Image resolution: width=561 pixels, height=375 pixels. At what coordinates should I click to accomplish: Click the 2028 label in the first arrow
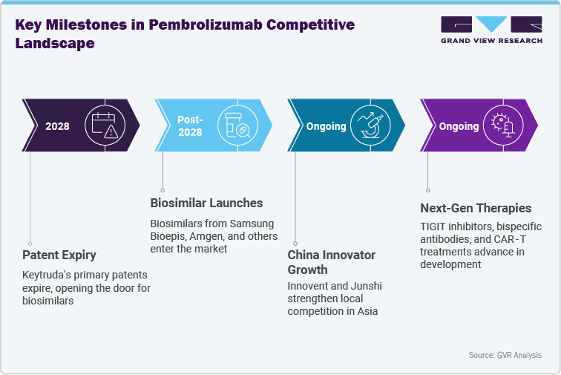click(57, 126)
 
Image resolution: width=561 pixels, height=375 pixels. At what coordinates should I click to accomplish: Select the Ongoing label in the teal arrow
click(327, 126)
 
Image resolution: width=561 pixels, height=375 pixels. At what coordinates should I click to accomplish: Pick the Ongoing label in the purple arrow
click(459, 126)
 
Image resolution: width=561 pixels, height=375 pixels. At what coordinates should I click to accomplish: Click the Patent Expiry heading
click(59, 255)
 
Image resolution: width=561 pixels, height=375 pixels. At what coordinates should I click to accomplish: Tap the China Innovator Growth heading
click(331, 262)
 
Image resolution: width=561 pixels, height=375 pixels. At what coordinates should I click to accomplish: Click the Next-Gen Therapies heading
click(476, 208)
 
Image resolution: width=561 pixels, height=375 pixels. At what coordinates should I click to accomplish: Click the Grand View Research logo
click(491, 30)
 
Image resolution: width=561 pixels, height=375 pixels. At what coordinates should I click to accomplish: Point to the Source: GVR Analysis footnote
click(505, 356)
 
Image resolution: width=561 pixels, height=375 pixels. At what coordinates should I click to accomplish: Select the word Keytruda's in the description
click(45, 275)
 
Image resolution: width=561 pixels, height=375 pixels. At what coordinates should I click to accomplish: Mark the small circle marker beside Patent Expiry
click(30, 243)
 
